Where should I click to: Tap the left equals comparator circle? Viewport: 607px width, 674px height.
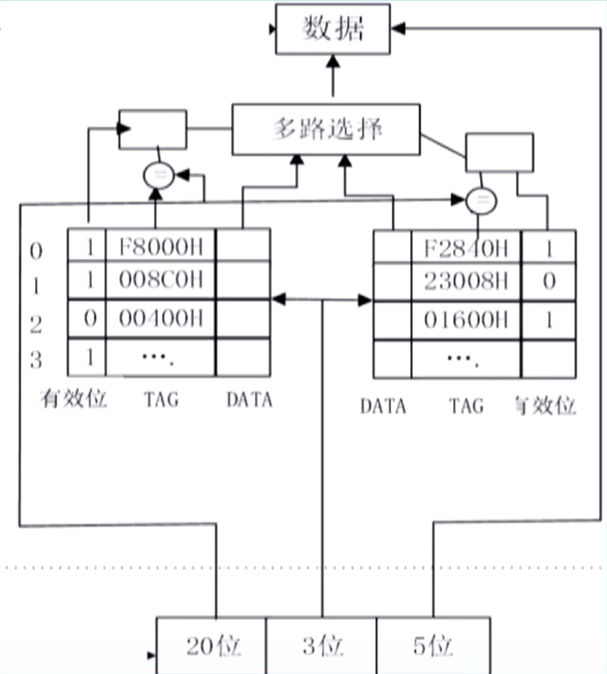[x=158, y=175]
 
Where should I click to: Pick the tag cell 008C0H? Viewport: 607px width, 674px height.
[x=160, y=280]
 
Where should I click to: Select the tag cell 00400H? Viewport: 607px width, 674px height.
[x=160, y=318]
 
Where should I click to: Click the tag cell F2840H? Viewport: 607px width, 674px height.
[x=466, y=248]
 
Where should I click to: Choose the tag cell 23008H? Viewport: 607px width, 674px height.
[x=466, y=280]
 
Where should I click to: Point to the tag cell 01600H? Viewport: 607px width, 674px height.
[x=466, y=319]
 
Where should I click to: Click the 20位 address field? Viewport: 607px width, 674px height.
[x=212, y=646]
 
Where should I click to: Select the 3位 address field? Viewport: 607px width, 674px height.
[x=322, y=646]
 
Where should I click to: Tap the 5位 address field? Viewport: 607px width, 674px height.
[x=432, y=646]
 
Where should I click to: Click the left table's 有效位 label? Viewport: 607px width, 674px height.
[x=73, y=399]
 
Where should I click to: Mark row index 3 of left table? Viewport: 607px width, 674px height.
[x=36, y=359]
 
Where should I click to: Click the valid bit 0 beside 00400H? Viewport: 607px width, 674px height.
[x=89, y=318]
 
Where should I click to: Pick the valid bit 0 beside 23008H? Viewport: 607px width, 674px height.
[x=548, y=280]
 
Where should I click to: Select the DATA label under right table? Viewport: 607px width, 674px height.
[x=383, y=406]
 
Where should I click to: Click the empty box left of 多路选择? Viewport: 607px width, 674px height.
[x=152, y=129]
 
